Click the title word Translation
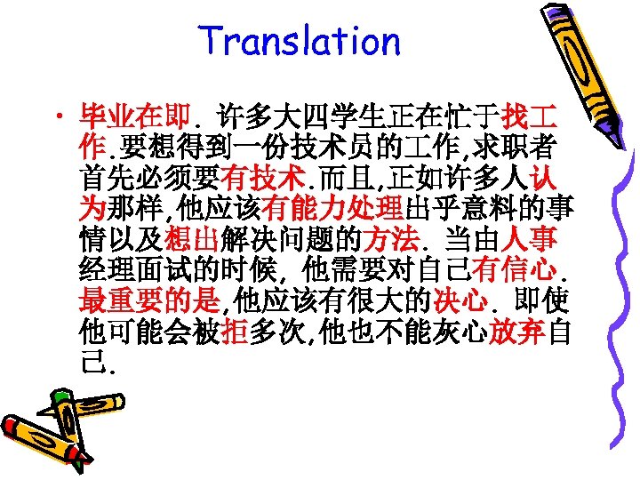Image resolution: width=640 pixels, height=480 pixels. pyautogui.click(x=300, y=42)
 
